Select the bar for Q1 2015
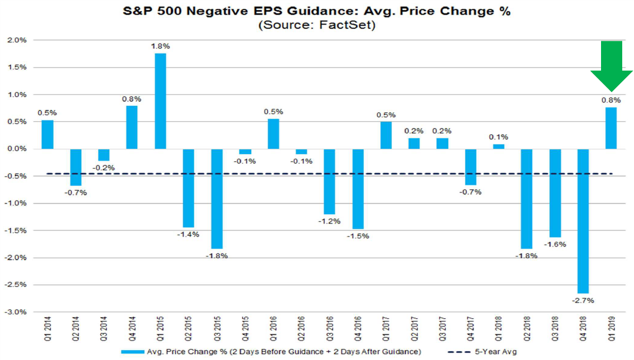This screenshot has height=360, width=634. coord(160,101)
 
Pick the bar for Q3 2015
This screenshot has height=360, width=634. coord(217,199)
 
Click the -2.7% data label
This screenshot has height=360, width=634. coord(583,301)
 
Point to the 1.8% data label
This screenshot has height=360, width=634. coord(160,45)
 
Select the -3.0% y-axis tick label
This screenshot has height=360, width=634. coord(16,312)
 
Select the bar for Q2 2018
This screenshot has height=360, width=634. coord(527,199)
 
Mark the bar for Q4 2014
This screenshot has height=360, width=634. coord(132,127)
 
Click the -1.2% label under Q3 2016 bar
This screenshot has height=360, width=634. coord(330,222)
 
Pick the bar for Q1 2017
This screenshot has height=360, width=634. coord(386,135)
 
